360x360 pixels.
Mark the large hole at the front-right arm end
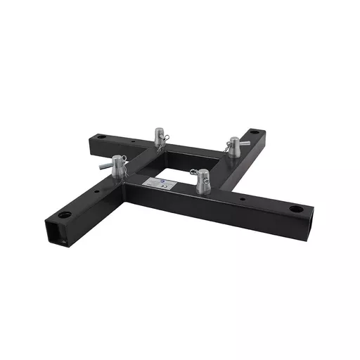tap(296, 208)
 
